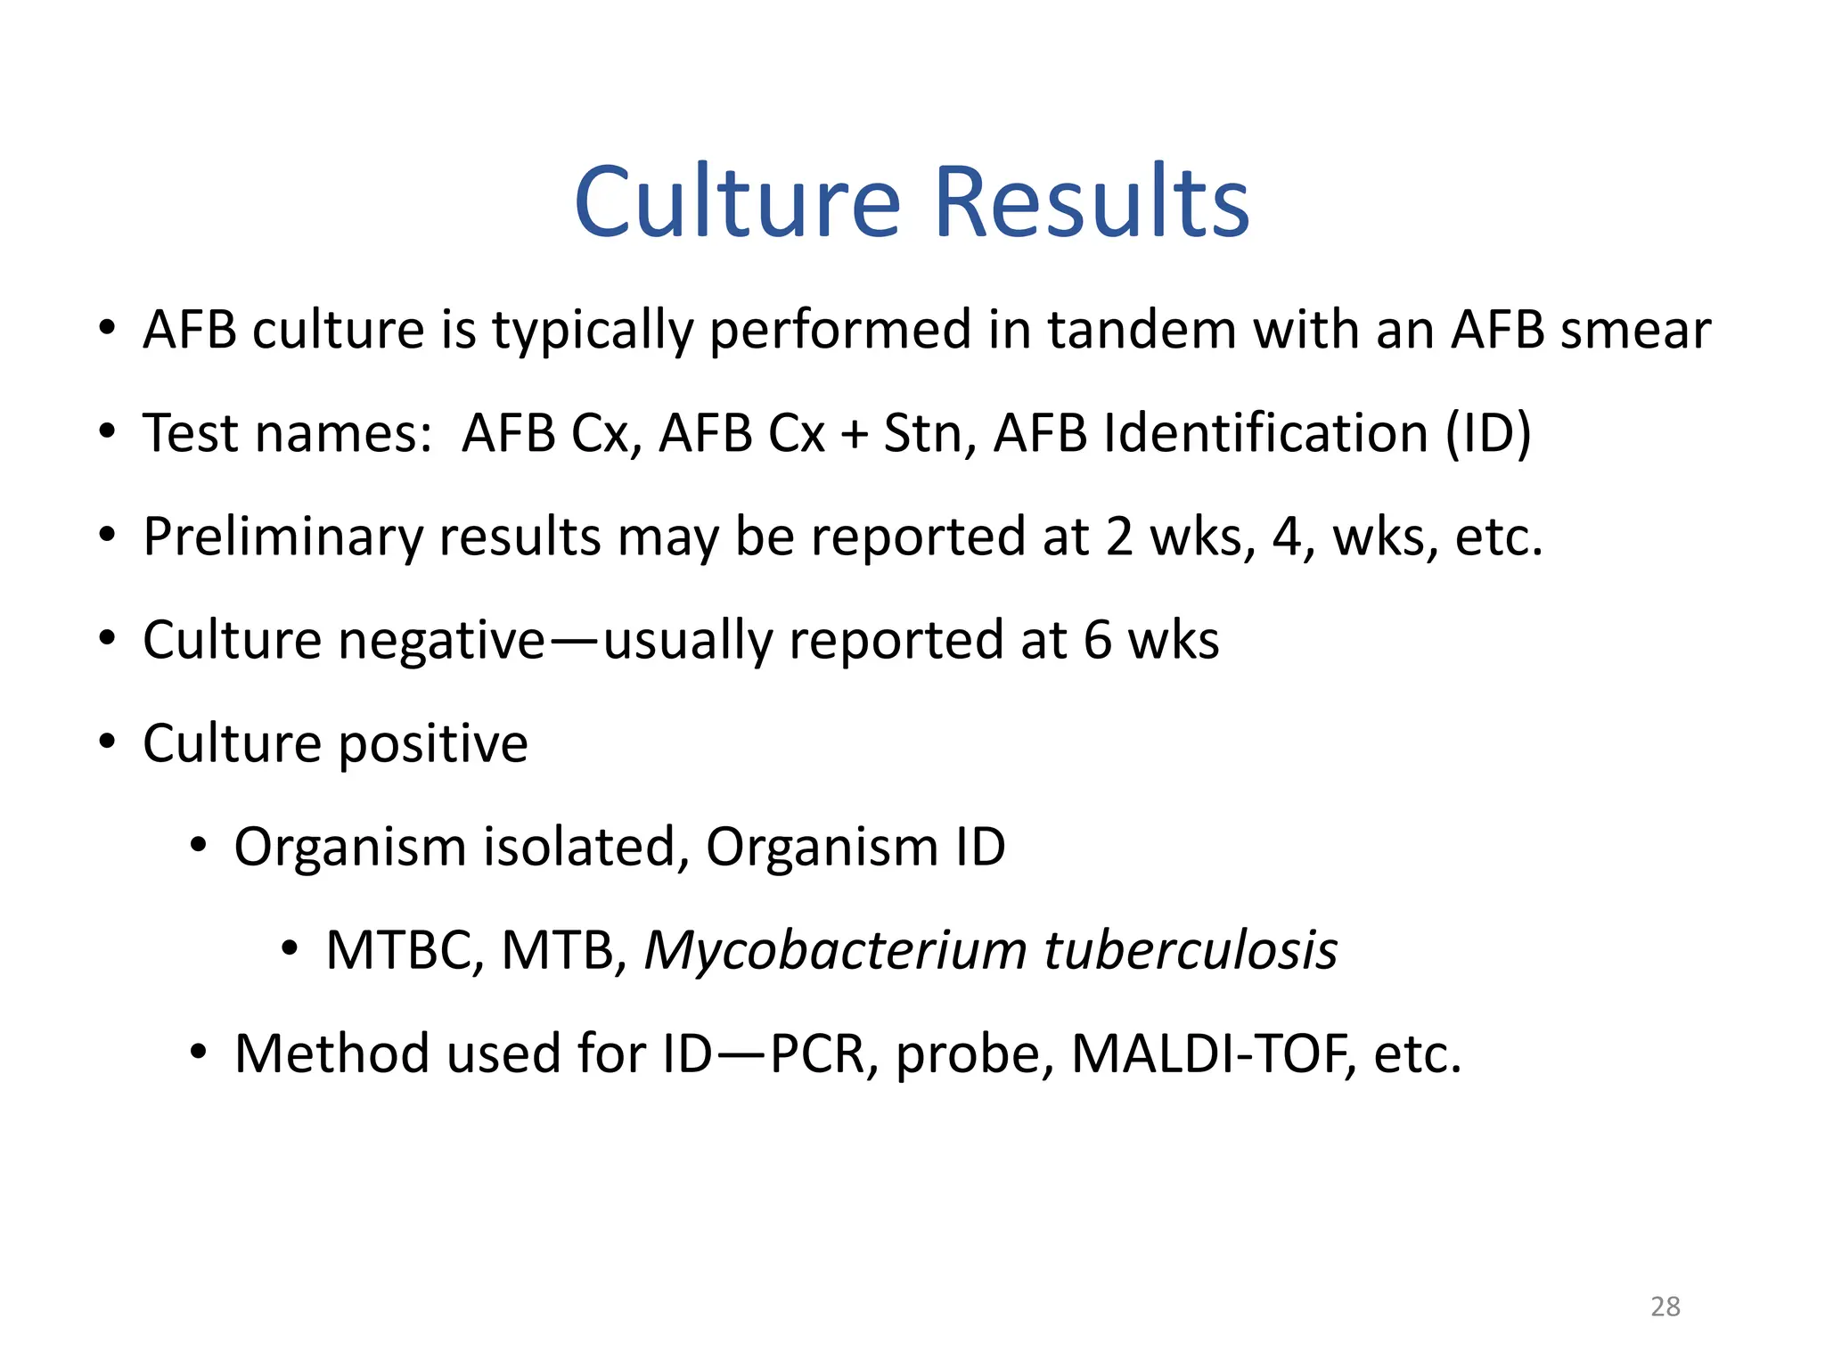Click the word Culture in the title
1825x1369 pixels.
pos(738,202)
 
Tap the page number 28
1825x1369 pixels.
pos(1665,1307)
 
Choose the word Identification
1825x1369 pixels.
pos(1265,433)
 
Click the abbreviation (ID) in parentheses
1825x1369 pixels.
pos(1488,433)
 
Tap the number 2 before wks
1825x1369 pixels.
pos(1119,537)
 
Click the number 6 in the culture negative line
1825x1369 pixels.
pos(1098,640)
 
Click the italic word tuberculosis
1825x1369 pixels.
pos(1191,950)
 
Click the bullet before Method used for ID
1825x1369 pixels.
pos(198,1053)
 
